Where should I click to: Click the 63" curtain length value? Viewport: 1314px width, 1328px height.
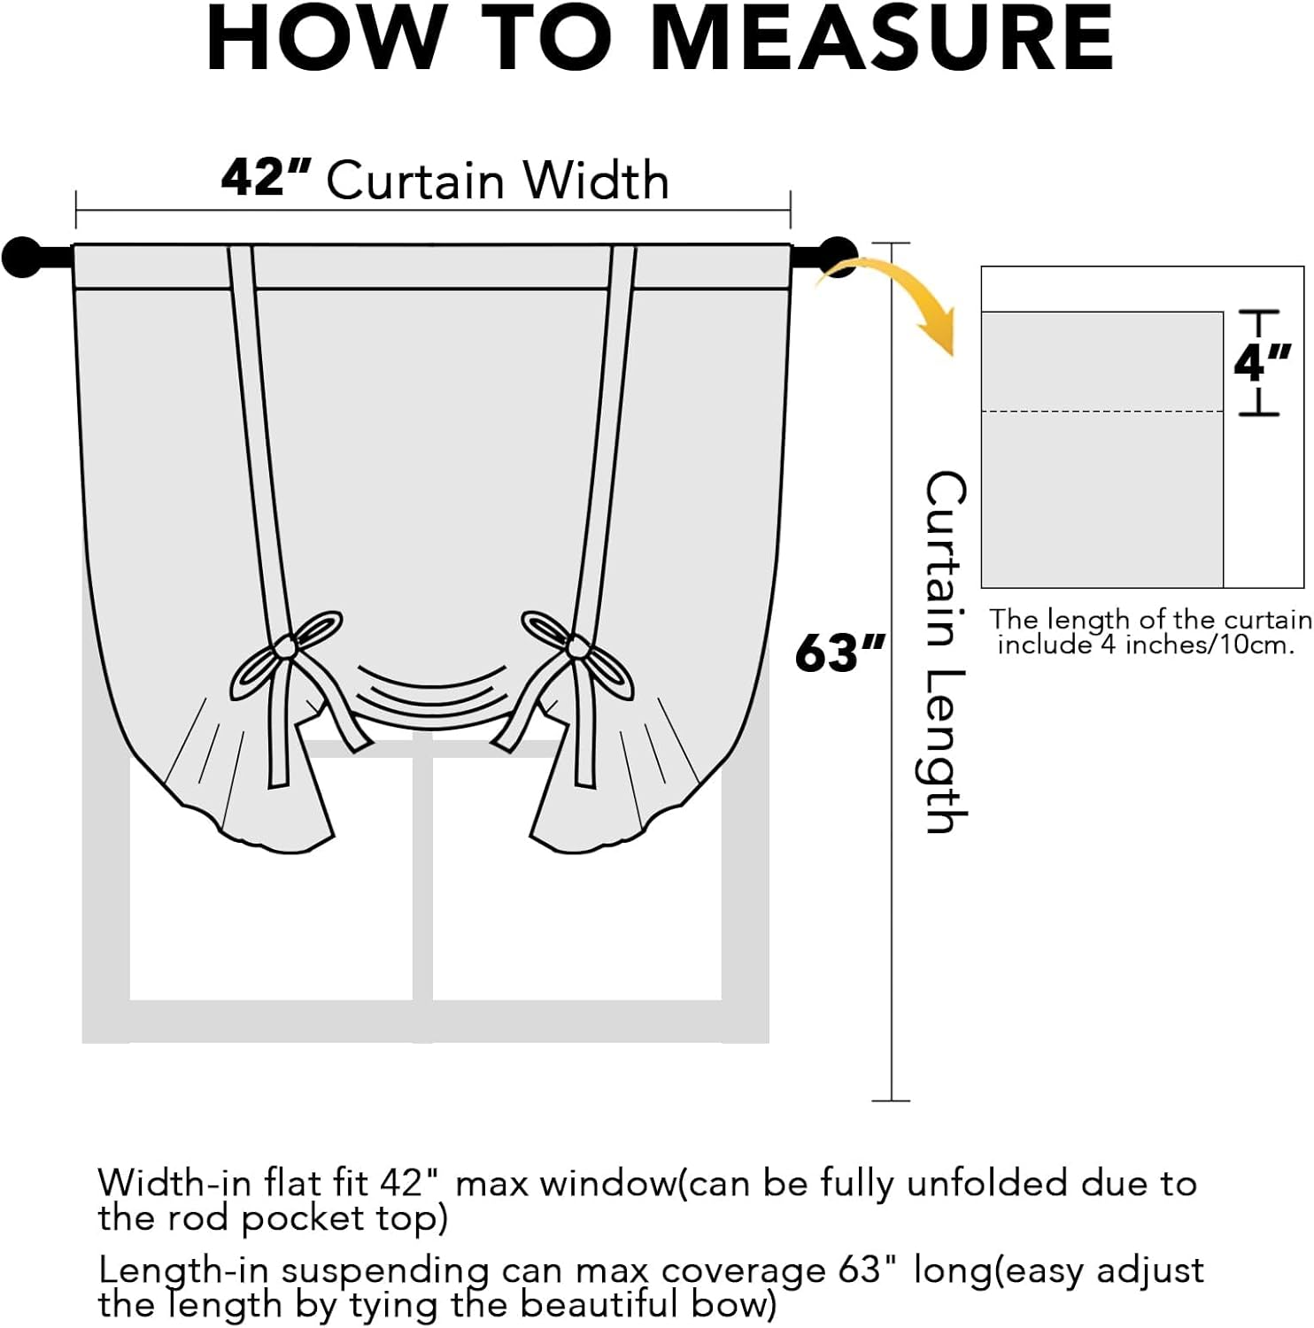click(838, 653)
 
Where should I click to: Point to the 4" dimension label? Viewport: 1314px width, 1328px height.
click(1261, 362)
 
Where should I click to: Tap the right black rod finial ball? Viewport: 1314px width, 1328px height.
click(837, 257)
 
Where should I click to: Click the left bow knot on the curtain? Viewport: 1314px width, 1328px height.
click(285, 648)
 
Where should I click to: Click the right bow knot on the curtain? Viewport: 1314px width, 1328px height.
click(577, 648)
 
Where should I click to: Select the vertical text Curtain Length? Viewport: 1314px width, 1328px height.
click(945, 652)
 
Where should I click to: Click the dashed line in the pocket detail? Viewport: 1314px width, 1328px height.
click(1102, 412)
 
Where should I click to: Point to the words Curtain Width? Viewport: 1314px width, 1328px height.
click(498, 181)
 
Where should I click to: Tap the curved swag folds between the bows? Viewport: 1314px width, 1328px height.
click(431, 691)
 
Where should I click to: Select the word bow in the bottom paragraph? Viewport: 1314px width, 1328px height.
click(738, 1304)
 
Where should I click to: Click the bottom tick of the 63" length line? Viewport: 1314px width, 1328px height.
click(891, 1100)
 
